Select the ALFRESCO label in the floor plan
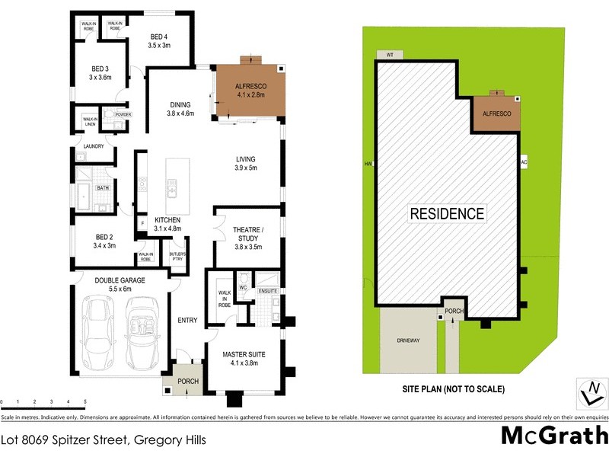pos(250,88)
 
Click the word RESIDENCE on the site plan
pos(447,213)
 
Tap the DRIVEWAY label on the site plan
pos(409,340)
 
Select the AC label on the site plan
pos(524,162)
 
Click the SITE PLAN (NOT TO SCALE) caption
pos(454,389)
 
